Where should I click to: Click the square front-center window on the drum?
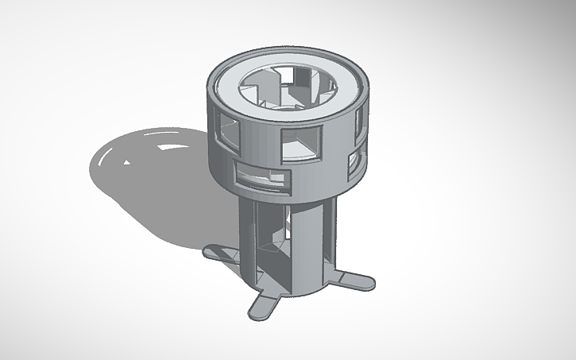(301, 143)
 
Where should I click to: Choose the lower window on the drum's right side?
(353, 161)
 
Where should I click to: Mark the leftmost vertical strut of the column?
(248, 238)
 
